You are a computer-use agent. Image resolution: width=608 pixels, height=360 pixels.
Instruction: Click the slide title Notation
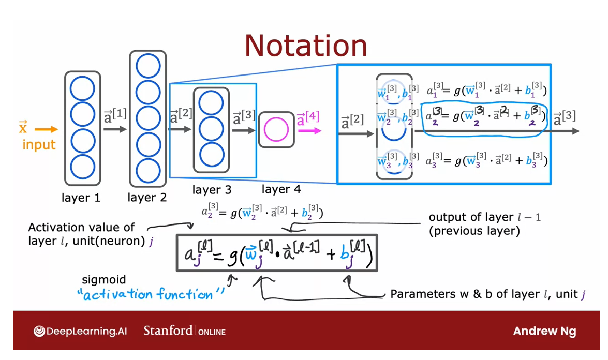306,45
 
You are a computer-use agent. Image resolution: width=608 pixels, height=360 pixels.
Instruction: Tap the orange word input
38,144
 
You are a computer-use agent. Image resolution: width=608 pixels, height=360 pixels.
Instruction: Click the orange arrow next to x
47,129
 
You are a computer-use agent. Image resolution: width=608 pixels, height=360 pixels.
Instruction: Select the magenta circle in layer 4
276,129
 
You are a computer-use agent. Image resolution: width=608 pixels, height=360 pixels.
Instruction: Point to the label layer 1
81,198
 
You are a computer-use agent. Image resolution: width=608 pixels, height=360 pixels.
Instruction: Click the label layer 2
147,198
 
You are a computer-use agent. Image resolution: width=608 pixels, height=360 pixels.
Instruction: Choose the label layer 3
212,190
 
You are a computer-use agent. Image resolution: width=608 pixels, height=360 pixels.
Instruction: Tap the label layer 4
281,189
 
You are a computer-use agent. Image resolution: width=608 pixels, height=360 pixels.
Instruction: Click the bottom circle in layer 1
82,167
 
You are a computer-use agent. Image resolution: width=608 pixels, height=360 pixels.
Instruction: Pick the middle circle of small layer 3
211,129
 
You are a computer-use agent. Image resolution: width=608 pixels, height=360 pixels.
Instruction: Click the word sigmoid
104,280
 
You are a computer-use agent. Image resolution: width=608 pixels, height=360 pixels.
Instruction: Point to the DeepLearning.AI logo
80,331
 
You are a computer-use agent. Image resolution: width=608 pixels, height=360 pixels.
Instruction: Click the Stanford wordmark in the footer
168,331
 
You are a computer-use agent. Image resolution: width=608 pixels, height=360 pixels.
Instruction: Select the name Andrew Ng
544,332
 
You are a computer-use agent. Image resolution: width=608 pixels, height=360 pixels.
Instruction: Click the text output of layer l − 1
485,217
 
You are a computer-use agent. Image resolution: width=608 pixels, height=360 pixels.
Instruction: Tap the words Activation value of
81,228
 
